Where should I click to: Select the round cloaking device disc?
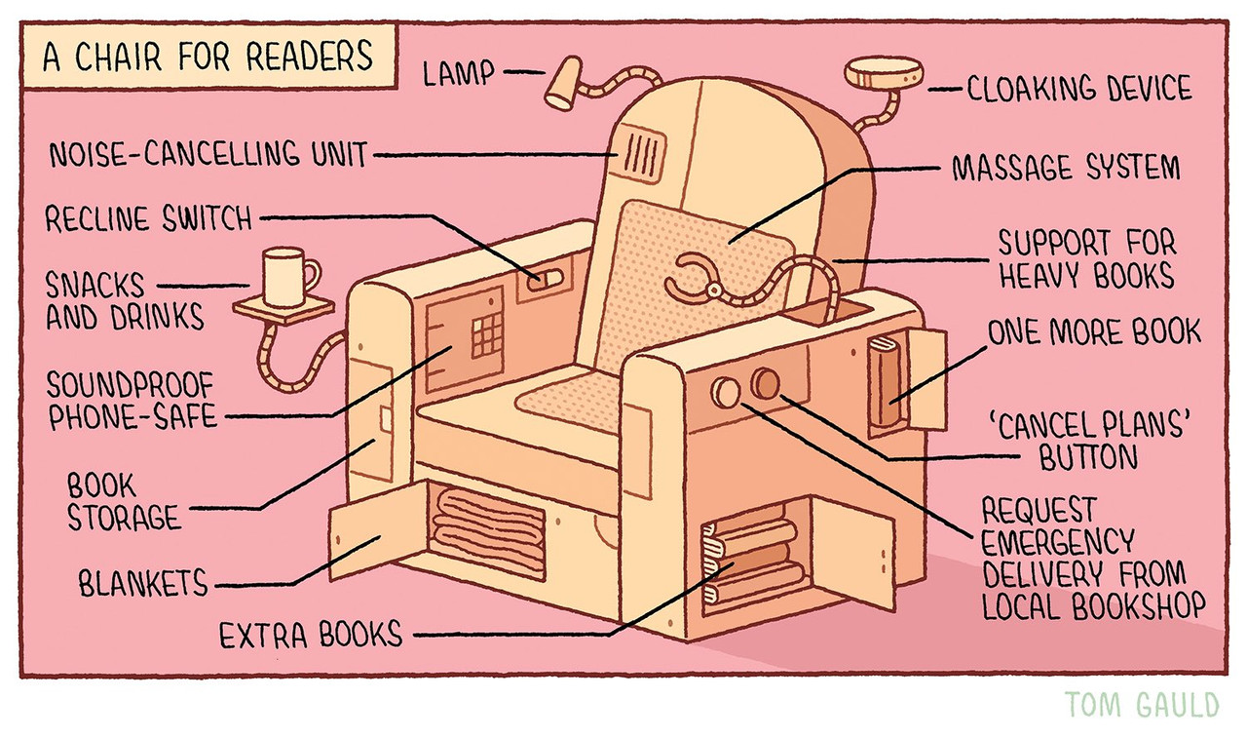(x=884, y=74)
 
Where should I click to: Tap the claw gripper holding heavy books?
(x=698, y=281)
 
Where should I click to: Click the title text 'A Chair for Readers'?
(x=208, y=58)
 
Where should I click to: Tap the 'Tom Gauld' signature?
(x=1142, y=705)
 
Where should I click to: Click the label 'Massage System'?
(x=1065, y=169)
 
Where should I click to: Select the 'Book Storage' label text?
(x=123, y=501)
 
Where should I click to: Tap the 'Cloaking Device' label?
(x=1078, y=90)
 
